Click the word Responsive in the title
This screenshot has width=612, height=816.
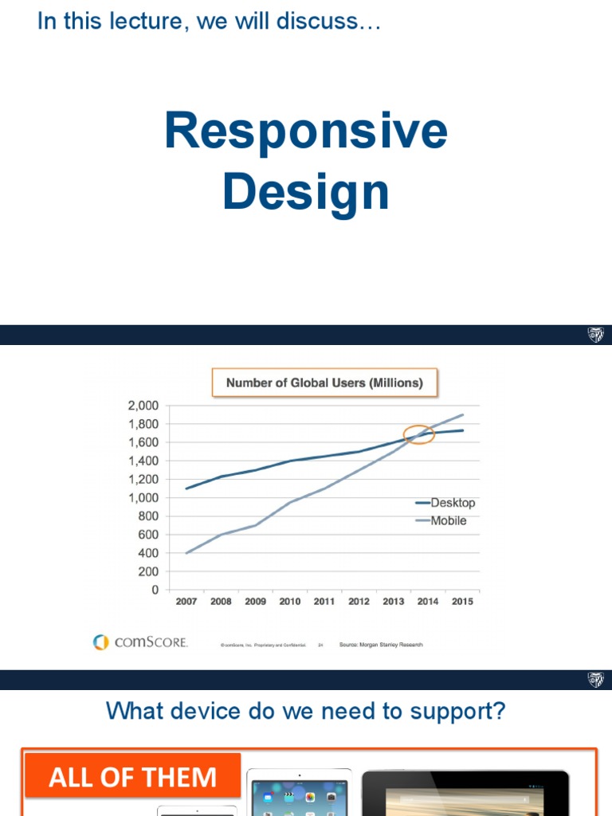point(306,132)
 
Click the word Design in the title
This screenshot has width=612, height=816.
point(306,193)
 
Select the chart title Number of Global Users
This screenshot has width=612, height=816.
point(324,382)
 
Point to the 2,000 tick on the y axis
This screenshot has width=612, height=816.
point(143,406)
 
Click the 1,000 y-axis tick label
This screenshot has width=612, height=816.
point(143,497)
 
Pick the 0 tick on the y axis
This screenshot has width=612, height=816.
point(155,590)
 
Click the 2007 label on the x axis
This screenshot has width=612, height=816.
point(186,602)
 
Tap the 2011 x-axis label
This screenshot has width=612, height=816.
point(324,602)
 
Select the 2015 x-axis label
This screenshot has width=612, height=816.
point(462,602)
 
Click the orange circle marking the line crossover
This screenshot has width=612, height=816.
point(418,434)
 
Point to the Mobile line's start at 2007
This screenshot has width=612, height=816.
point(186,553)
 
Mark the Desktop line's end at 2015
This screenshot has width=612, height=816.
point(462,430)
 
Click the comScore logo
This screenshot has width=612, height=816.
point(140,641)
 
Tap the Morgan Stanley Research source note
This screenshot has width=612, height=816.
point(381,644)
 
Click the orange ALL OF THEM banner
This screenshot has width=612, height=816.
point(132,777)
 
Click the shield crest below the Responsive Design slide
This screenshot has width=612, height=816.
point(595,335)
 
